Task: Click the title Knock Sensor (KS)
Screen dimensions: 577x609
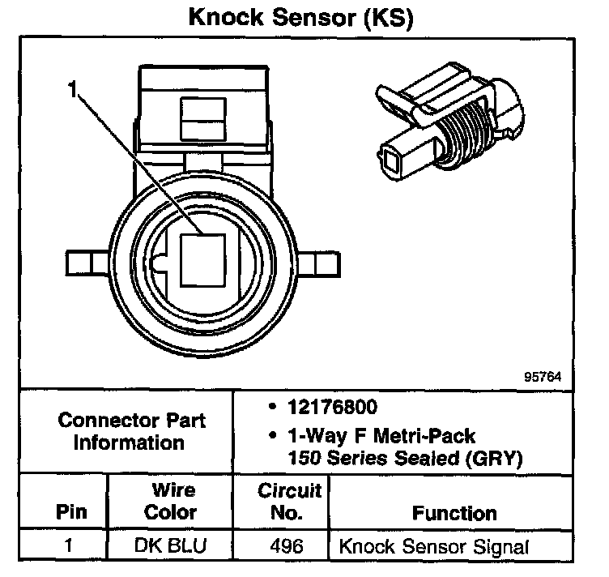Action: (300, 19)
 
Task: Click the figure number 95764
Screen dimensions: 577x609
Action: (542, 377)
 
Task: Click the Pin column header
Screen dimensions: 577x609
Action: (70, 512)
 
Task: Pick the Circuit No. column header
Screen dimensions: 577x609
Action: (289, 501)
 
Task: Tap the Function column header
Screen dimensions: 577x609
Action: (454, 512)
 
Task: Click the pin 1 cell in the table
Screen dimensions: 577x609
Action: (70, 545)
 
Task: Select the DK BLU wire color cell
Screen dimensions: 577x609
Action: (171, 545)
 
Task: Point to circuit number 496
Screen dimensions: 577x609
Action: (288, 545)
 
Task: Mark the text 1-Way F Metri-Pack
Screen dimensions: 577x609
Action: (381, 438)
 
